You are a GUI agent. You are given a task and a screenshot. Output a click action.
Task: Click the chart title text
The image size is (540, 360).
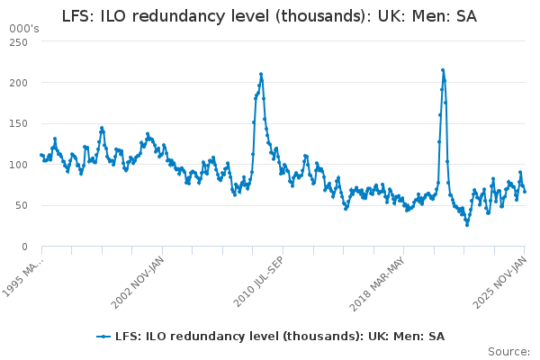pyautogui.click(x=270, y=16)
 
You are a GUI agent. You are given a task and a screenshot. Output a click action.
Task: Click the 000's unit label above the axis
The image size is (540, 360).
pyautogui.click(x=24, y=30)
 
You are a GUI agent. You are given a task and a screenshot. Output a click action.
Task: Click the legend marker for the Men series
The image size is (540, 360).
pyautogui.click(x=104, y=336)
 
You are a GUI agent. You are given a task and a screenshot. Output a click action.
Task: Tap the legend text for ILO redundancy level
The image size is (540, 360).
pyautogui.click(x=279, y=336)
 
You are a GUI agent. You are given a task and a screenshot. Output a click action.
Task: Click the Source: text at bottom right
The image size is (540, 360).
pyautogui.click(x=508, y=351)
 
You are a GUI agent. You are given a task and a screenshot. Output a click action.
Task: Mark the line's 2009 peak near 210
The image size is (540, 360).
pyautogui.click(x=261, y=74)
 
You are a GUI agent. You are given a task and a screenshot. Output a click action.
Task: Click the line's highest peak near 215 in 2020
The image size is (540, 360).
pyautogui.click(x=443, y=69)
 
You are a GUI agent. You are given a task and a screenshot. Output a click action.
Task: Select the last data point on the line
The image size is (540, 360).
pyautogui.click(x=525, y=191)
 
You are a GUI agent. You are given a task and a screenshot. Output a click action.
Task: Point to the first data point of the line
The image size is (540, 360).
pyautogui.click(x=40, y=155)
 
